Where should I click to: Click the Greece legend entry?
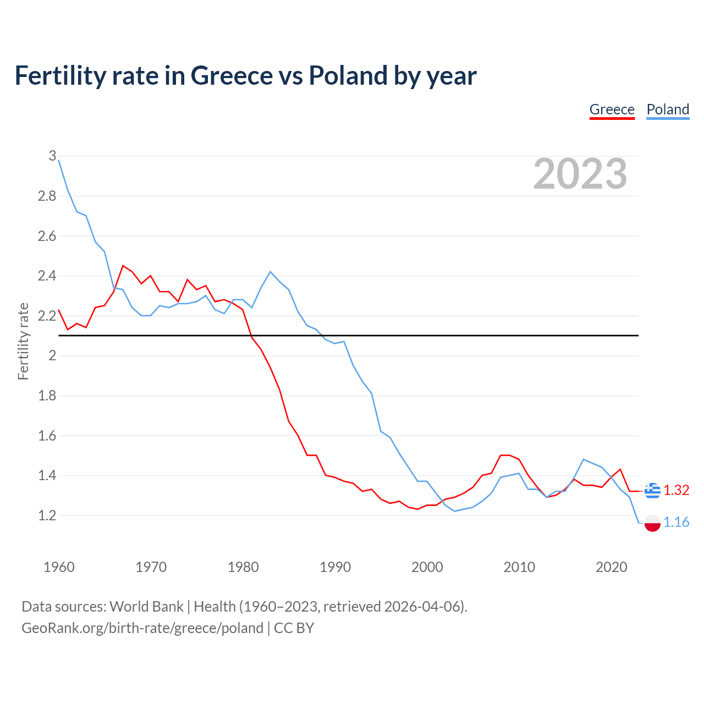coord(612,109)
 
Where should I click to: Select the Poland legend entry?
coord(668,109)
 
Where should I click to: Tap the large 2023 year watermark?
coord(580,174)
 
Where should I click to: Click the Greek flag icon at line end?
coord(652,490)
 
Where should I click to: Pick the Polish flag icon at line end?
coord(652,523)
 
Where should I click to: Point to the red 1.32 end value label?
coord(676,490)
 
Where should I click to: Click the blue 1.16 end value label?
coord(676,522)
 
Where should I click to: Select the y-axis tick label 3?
coord(52,156)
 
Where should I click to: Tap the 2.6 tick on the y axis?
coord(47,236)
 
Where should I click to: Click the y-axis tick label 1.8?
coord(47,395)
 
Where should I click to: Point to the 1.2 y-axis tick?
coord(47,515)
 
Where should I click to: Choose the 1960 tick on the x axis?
coord(59,567)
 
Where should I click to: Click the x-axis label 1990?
coord(335,567)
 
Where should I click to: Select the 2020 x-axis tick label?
coord(611,567)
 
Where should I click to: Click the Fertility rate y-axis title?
coord(23,341)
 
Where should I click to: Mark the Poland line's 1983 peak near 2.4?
coord(270,272)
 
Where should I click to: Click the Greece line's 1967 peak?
coord(123,266)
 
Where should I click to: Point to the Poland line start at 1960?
coord(59,160)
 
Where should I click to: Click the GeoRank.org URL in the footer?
coord(142,628)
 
